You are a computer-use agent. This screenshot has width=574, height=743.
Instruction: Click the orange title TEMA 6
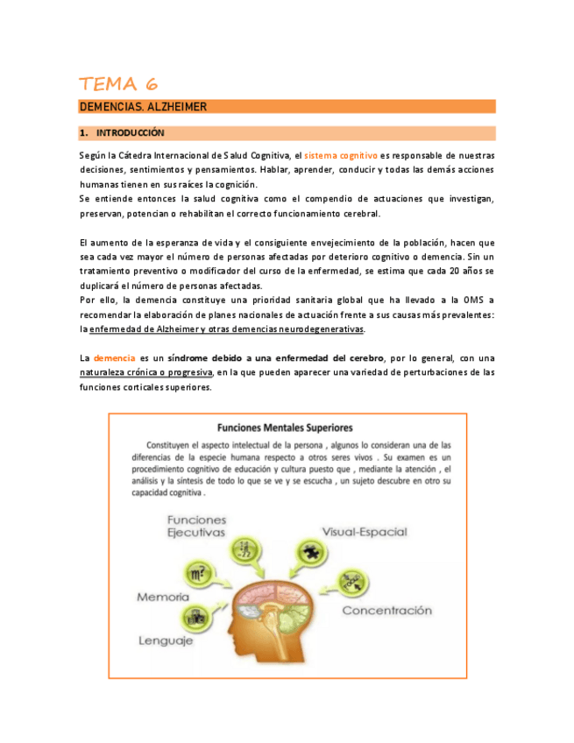click(x=118, y=84)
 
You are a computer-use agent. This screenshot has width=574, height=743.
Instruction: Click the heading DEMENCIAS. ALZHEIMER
click(x=143, y=107)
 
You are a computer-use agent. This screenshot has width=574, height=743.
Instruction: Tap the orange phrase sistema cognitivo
click(x=341, y=154)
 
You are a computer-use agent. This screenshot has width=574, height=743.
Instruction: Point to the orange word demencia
click(x=114, y=357)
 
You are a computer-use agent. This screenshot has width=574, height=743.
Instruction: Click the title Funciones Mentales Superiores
click(x=287, y=428)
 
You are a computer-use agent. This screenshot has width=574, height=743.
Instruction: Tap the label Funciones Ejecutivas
click(x=196, y=526)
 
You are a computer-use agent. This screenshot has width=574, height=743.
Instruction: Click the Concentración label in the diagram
click(x=386, y=610)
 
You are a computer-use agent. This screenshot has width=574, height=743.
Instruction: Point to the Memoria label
click(x=163, y=597)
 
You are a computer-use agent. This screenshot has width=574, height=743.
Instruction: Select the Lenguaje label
click(x=166, y=640)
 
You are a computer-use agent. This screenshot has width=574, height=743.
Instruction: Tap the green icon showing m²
click(x=198, y=574)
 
